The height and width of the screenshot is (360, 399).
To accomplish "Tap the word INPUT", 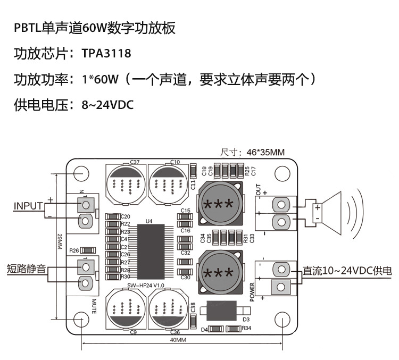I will (x=28, y=206).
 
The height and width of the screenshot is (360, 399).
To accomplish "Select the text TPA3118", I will (x=106, y=54).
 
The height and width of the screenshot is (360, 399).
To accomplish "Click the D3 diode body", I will (x=221, y=311).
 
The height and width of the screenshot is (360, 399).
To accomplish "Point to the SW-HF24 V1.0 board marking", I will (x=147, y=286).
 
